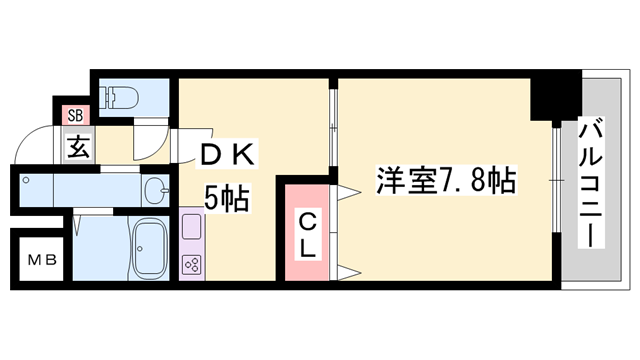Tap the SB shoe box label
click(75, 115)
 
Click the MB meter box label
click(41, 262)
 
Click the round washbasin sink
click(156, 188)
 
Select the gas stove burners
click(191, 265)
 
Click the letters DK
click(232, 155)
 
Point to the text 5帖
click(227, 197)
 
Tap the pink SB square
click(75, 115)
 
